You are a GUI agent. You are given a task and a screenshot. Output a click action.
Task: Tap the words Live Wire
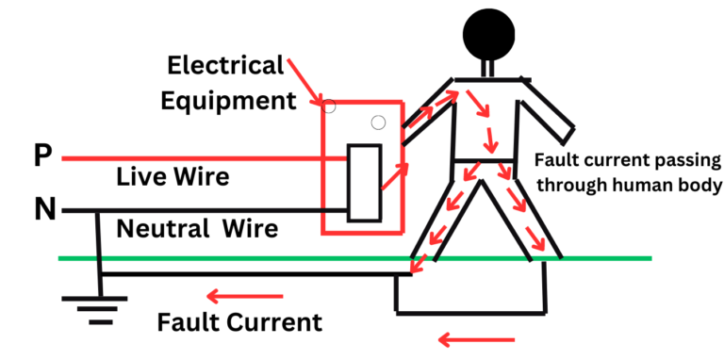pos(173,176)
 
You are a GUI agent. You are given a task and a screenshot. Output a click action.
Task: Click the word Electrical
pos(224,66)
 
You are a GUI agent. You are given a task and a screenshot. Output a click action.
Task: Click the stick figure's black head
pos(489,33)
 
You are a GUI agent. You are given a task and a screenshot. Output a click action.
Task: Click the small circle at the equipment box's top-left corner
pos(329,106)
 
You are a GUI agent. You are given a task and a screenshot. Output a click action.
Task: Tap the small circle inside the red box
pos(378,122)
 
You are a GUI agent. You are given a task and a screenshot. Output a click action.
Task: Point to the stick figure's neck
pos(489,69)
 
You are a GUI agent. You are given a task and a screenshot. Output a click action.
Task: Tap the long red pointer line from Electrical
pos(305,79)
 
